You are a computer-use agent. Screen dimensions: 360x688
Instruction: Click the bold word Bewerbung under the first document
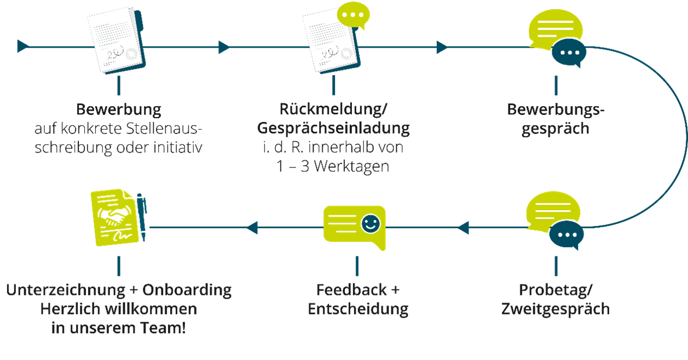tap(119, 109)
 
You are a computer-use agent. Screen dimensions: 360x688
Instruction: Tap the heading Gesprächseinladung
tap(333, 128)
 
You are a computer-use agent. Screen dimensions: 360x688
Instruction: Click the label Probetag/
tap(556, 289)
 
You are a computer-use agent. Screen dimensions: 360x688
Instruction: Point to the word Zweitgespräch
tap(556, 309)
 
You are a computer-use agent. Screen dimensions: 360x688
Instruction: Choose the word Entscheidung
tap(358, 309)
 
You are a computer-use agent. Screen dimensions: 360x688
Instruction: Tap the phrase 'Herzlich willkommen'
tap(119, 309)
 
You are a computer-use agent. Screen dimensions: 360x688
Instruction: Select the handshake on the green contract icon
tap(115, 216)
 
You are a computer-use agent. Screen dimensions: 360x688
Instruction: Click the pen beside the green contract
tap(142, 217)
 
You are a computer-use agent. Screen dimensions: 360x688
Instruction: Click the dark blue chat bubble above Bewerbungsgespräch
tap(569, 54)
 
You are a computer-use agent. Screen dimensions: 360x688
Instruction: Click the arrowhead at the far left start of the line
tap(22, 47)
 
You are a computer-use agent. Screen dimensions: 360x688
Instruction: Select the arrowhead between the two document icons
tap(224, 47)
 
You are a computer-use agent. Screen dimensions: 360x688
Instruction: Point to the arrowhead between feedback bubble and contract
tap(252, 227)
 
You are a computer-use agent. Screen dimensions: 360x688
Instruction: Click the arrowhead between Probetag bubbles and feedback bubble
tap(463, 227)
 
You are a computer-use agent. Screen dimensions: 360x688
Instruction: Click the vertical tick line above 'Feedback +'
tap(357, 266)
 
